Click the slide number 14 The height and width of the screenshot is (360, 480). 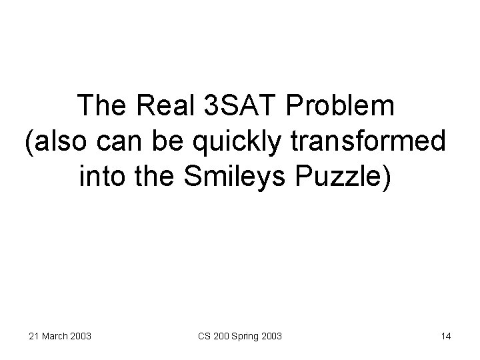coord(446,336)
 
